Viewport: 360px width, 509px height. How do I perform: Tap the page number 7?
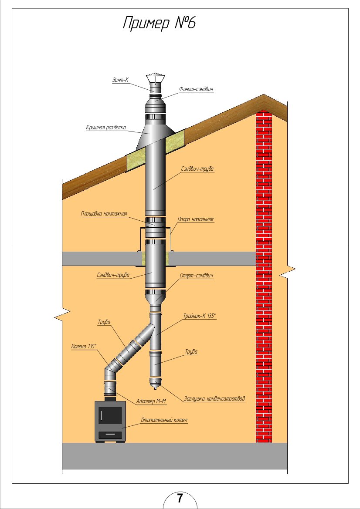180,498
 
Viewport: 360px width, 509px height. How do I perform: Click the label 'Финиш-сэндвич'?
196,89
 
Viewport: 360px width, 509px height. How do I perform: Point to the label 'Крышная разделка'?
106,128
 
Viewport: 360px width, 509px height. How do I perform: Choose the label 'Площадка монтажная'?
104,214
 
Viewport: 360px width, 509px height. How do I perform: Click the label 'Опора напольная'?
196,220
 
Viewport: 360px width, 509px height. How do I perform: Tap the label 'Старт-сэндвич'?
196,276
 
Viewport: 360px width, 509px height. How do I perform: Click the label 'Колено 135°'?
84,347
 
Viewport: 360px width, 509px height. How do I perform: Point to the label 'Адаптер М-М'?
151,401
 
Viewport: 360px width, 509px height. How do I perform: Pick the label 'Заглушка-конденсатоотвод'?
214,398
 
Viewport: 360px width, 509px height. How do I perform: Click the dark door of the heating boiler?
110,416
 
